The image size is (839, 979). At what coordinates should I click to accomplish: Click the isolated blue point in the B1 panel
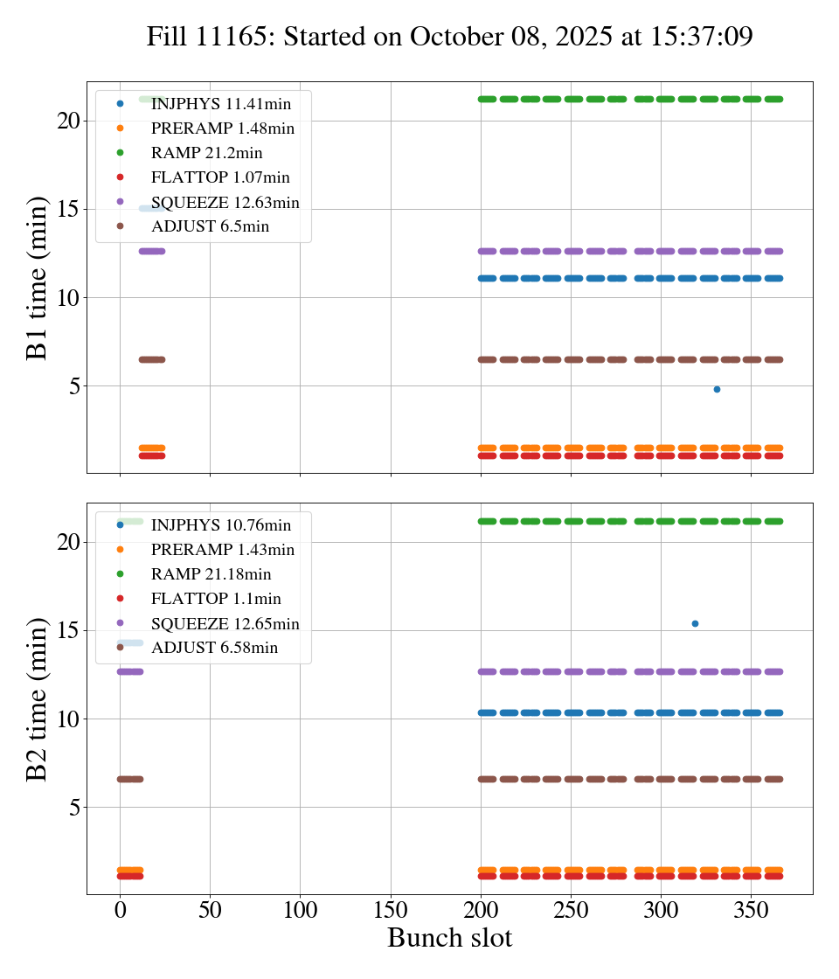717,389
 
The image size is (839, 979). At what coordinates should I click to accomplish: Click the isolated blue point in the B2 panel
695,623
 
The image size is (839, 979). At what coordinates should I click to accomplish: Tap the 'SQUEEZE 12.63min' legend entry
225,203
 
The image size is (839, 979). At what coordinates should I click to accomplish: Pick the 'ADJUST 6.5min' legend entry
210,227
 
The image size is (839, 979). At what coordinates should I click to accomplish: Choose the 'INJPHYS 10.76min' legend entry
220,525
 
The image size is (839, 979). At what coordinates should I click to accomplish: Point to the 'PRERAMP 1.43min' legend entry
222,550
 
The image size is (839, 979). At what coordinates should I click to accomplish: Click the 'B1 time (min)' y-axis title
38,278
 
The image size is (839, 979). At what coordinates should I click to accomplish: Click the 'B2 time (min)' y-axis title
38,699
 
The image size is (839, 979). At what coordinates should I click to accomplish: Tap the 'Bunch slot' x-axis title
449,938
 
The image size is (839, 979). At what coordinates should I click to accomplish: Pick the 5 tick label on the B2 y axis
73,807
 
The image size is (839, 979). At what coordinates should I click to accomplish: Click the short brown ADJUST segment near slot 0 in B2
129,779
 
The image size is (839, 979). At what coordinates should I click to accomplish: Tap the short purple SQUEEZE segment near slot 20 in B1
152,251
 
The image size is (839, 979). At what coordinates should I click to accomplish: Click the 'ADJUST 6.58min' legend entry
214,648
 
